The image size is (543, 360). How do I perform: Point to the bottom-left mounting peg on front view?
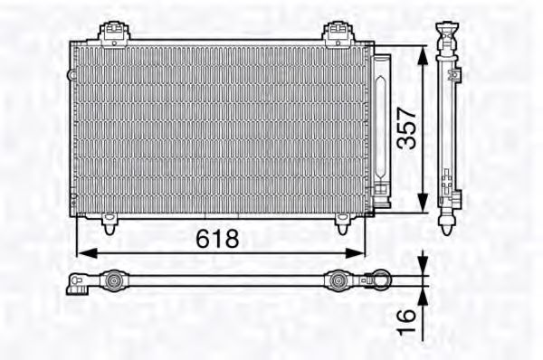point(109,223)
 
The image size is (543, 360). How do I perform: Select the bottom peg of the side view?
point(449,223)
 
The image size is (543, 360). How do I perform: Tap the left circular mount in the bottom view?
point(113,281)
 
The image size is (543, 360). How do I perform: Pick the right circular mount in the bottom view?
point(336,281)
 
